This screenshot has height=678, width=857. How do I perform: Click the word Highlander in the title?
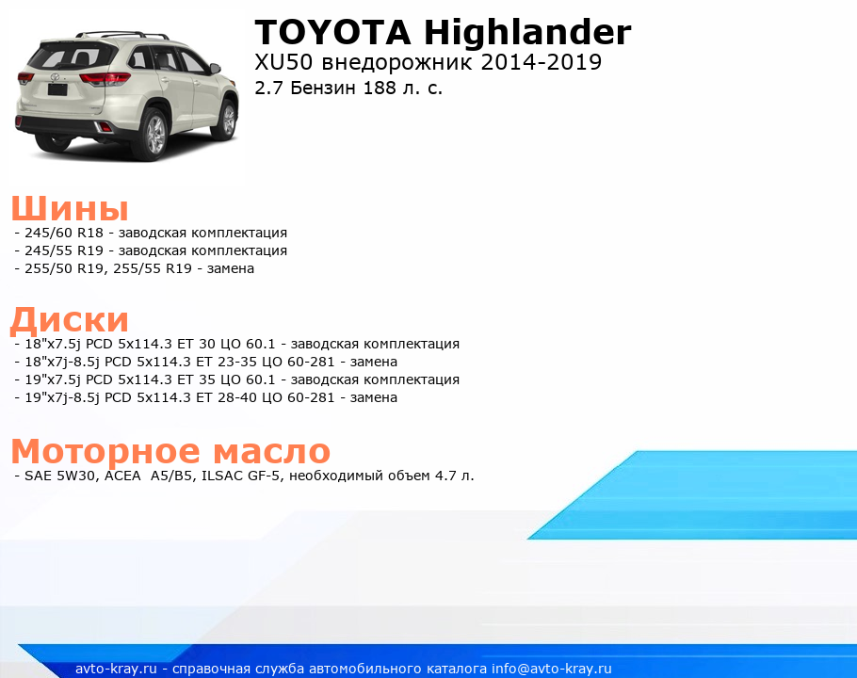527,32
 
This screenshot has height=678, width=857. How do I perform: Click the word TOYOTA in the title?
332,32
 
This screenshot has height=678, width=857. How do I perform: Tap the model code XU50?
283,62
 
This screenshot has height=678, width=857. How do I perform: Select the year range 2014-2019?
542,62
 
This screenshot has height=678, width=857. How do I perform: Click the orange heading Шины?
70,208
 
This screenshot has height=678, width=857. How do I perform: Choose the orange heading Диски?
70,320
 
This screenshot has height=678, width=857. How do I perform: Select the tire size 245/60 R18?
64,233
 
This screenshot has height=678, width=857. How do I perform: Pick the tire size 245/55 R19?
64,250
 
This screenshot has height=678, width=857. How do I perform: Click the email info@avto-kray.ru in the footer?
551,670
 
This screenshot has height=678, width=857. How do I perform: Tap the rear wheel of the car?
154,134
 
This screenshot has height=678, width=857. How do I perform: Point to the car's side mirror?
215,69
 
